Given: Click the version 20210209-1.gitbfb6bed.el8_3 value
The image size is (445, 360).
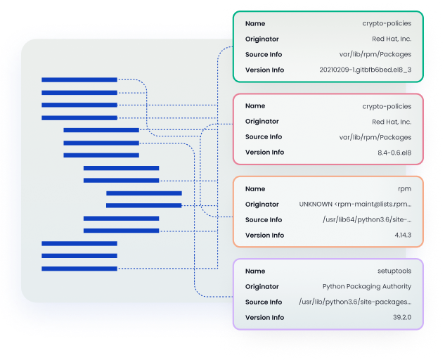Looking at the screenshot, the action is click(x=366, y=70).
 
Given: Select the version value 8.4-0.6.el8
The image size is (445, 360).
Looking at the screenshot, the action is click(x=394, y=153).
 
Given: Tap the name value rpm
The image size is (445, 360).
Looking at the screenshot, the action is click(x=405, y=189).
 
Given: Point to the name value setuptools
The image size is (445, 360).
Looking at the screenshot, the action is click(x=394, y=271).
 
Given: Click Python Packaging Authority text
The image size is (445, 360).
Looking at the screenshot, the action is click(x=367, y=287).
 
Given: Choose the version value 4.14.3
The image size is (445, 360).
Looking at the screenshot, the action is click(x=403, y=235).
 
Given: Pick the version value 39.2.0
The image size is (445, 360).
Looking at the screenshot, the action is click(x=402, y=317).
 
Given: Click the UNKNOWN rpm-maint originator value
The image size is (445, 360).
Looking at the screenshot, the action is click(x=355, y=205).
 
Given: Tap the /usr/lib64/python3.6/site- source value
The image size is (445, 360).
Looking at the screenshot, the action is click(x=367, y=220).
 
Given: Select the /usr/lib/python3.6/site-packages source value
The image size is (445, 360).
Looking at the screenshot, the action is click(x=355, y=302).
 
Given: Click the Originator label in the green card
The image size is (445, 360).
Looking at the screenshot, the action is click(x=262, y=39).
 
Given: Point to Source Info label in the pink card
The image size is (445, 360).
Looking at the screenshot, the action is click(x=264, y=137).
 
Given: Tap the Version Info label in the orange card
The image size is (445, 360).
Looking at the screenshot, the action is click(x=265, y=236).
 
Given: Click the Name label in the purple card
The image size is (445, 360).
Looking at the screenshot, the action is click(x=255, y=271).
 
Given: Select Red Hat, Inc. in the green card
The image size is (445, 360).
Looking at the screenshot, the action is click(x=392, y=39).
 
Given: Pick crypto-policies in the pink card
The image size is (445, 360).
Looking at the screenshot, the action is click(x=387, y=107).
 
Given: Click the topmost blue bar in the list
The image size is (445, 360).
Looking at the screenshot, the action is click(x=79, y=80).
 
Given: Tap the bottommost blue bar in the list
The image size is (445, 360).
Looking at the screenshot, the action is click(x=79, y=269).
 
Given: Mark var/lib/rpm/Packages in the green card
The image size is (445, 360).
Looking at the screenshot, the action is click(x=375, y=55).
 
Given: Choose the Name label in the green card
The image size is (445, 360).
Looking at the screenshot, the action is click(x=255, y=24).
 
